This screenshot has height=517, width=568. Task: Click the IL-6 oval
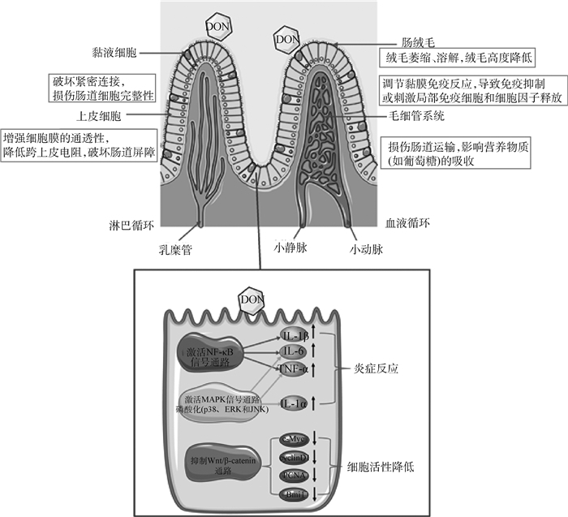point(295,351)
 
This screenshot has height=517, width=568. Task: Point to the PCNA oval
point(295,475)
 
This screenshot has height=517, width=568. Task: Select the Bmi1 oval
point(295,493)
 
